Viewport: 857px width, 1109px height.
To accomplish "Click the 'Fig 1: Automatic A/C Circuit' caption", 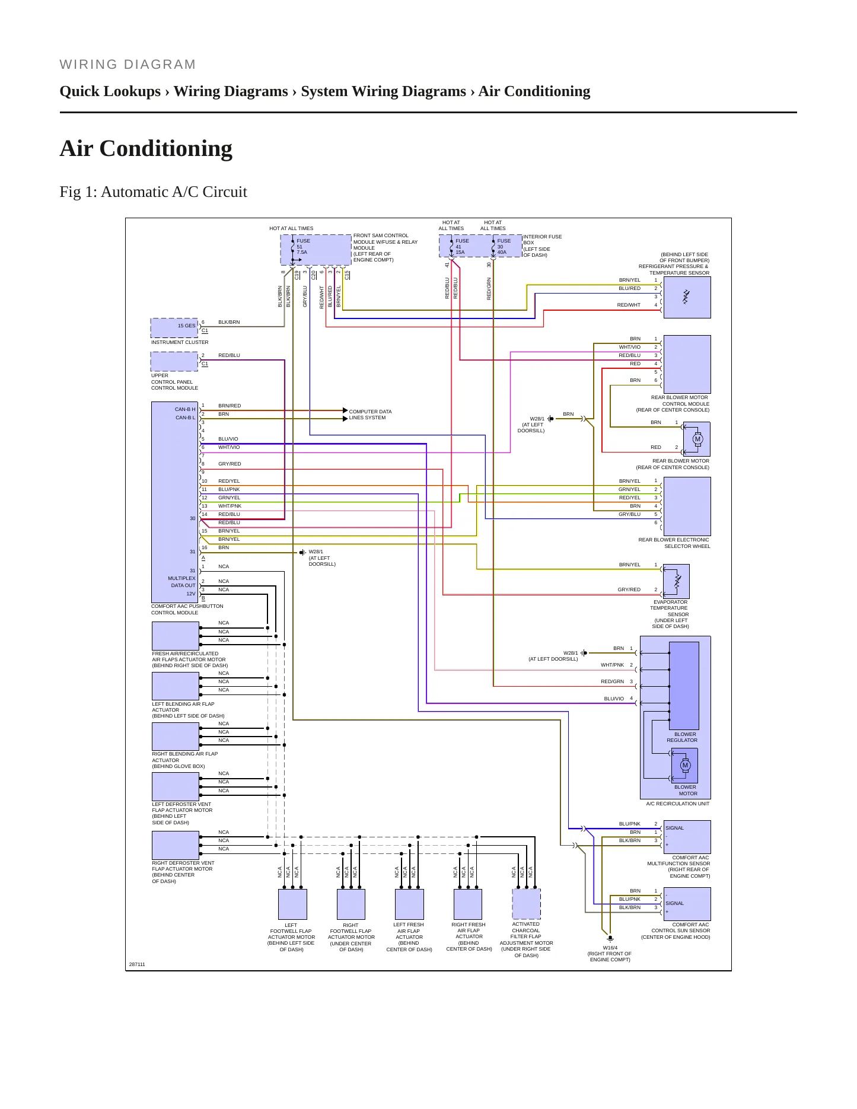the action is pyautogui.click(x=153, y=192).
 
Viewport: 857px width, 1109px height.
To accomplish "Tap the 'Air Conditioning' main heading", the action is pyautogui.click(x=146, y=148).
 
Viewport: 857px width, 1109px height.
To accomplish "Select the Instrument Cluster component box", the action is pyautogui.click(x=174, y=328).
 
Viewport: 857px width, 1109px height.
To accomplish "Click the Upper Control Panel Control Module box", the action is pyautogui.click(x=174, y=361).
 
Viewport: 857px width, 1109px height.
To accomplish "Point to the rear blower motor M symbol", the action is pyautogui.click(x=697, y=439).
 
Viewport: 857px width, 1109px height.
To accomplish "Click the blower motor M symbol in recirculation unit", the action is pyautogui.click(x=685, y=765).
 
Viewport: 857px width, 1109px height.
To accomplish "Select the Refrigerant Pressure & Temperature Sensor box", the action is pyautogui.click(x=687, y=297).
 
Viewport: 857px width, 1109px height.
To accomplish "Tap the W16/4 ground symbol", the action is pyautogui.click(x=610, y=939).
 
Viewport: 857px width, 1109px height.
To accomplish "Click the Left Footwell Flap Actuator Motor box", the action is pyautogui.click(x=292, y=904).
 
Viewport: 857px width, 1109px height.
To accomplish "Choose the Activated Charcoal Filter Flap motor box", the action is pyautogui.click(x=526, y=904).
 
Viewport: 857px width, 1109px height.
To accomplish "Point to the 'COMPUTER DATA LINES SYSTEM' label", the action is pyautogui.click(x=370, y=415).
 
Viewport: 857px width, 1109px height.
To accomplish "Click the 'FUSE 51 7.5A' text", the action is pyautogui.click(x=303, y=246).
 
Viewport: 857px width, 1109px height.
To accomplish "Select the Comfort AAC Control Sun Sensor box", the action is pyautogui.click(x=687, y=904).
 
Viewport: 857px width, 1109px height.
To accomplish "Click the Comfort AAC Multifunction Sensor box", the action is pyautogui.click(x=687, y=837).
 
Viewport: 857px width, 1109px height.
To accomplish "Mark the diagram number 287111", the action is pyautogui.click(x=137, y=964).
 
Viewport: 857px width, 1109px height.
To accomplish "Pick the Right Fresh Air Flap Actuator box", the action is pyautogui.click(x=468, y=904).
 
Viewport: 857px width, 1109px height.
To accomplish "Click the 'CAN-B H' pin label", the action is pyautogui.click(x=185, y=409).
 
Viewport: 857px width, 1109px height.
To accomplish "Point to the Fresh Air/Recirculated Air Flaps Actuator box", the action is pyautogui.click(x=176, y=636).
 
